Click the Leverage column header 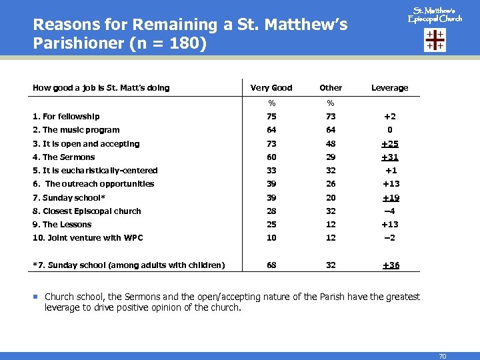389,88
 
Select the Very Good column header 271,88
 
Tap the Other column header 331,88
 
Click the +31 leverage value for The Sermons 390,157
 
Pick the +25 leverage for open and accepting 390,144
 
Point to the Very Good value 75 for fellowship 271,117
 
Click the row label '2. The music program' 76,130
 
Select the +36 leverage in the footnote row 390,265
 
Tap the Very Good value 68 271,265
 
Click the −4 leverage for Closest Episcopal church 390,211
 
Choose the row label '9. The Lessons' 63,225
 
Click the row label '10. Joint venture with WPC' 88,238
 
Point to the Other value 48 331,144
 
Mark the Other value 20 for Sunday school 331,198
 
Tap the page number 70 442,357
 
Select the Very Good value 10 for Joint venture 271,238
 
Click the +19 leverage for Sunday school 390,198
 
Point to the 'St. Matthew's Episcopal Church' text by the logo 435,15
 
